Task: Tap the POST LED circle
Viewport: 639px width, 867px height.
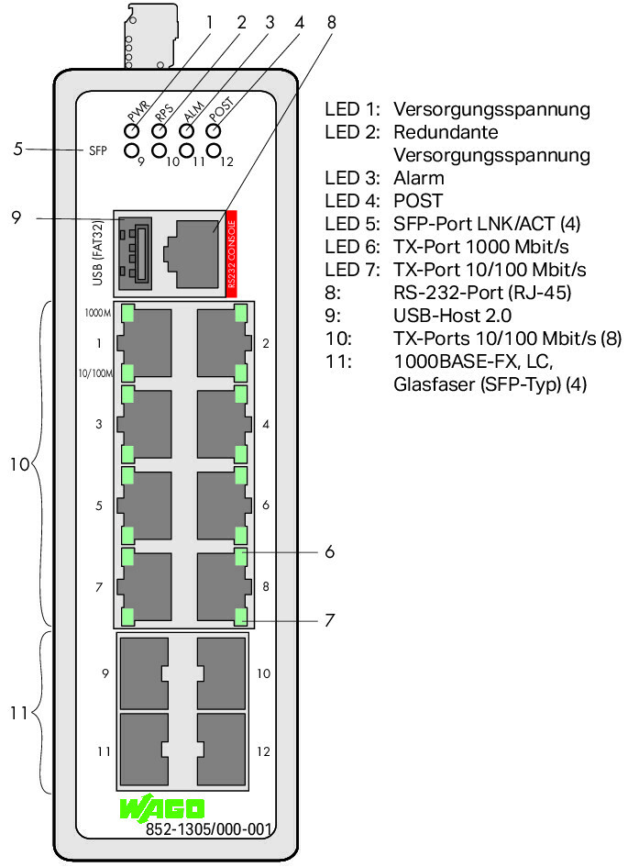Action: (215, 130)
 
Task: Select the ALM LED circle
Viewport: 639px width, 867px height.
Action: (187, 130)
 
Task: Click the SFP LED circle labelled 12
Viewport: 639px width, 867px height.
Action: (215, 150)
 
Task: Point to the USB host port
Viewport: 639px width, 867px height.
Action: (132, 251)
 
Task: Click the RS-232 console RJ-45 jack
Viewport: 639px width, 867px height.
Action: (190, 251)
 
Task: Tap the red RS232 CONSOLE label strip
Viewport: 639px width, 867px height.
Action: (232, 252)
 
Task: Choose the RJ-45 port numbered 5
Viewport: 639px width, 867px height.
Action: (149, 504)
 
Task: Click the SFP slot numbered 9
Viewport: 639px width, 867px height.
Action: (143, 672)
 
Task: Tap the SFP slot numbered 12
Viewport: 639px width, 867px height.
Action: (222, 750)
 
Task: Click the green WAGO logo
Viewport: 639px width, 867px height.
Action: (162, 809)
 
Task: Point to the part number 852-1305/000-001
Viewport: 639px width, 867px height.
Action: (209, 830)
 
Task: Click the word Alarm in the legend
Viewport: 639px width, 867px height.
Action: (418, 178)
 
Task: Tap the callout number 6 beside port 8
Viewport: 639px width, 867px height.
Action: (329, 552)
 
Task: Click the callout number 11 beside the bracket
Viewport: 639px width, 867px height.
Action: (18, 714)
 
